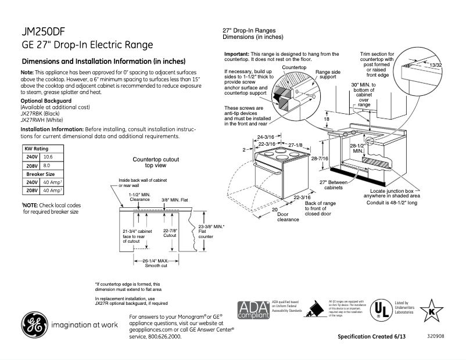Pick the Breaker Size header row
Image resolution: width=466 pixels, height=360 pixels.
(x=40, y=174)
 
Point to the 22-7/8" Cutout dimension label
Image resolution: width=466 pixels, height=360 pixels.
(x=170, y=233)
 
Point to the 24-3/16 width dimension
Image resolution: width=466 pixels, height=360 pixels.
(x=265, y=137)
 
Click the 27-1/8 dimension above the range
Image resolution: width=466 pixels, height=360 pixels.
(x=296, y=144)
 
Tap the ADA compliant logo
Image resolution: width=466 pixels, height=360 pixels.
(x=253, y=309)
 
